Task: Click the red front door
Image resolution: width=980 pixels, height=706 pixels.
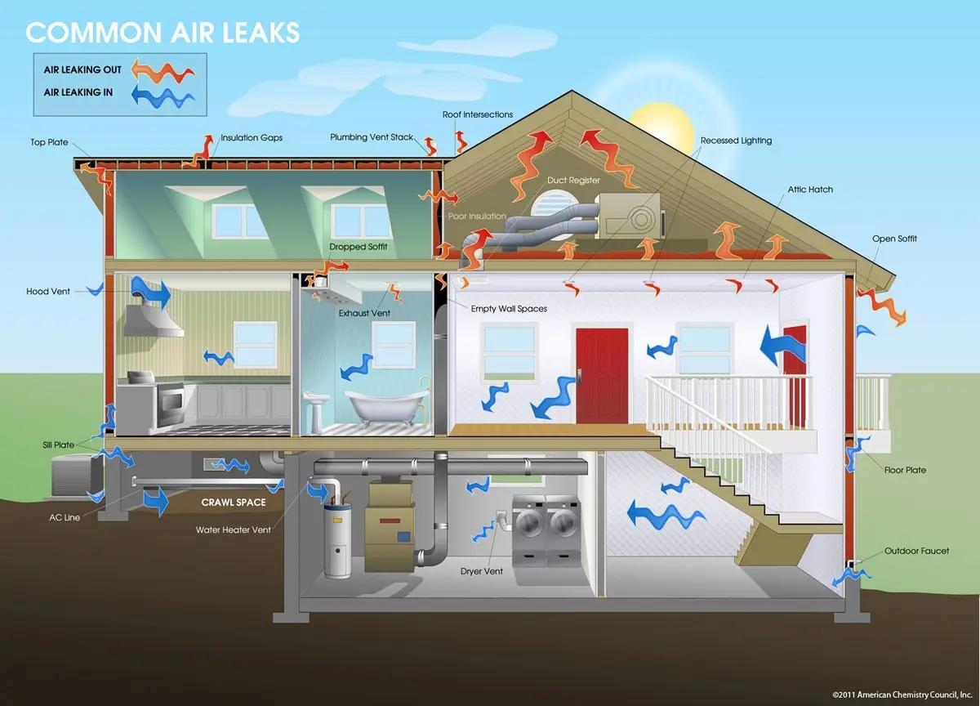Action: click(602, 376)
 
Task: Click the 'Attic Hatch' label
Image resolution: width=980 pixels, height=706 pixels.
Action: click(810, 190)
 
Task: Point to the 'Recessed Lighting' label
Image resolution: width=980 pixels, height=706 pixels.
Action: click(736, 141)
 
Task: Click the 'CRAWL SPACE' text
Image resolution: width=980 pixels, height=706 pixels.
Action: click(234, 503)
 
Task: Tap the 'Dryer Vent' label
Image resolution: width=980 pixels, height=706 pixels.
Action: click(482, 571)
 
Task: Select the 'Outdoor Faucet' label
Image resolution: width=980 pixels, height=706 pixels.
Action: click(916, 551)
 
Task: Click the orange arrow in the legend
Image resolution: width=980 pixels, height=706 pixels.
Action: click(163, 70)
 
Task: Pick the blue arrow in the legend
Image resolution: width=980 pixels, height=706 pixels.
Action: click(163, 96)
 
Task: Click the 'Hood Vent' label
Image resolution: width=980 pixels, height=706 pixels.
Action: click(48, 292)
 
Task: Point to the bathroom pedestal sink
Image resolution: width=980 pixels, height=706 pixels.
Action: click(316, 409)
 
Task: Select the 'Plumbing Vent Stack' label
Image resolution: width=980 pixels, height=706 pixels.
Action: click(372, 137)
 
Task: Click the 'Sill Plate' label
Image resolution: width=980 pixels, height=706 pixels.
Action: click(59, 445)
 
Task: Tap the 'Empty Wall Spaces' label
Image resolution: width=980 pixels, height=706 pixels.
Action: click(509, 309)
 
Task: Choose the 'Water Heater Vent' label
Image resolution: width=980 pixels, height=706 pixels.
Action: click(234, 529)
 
